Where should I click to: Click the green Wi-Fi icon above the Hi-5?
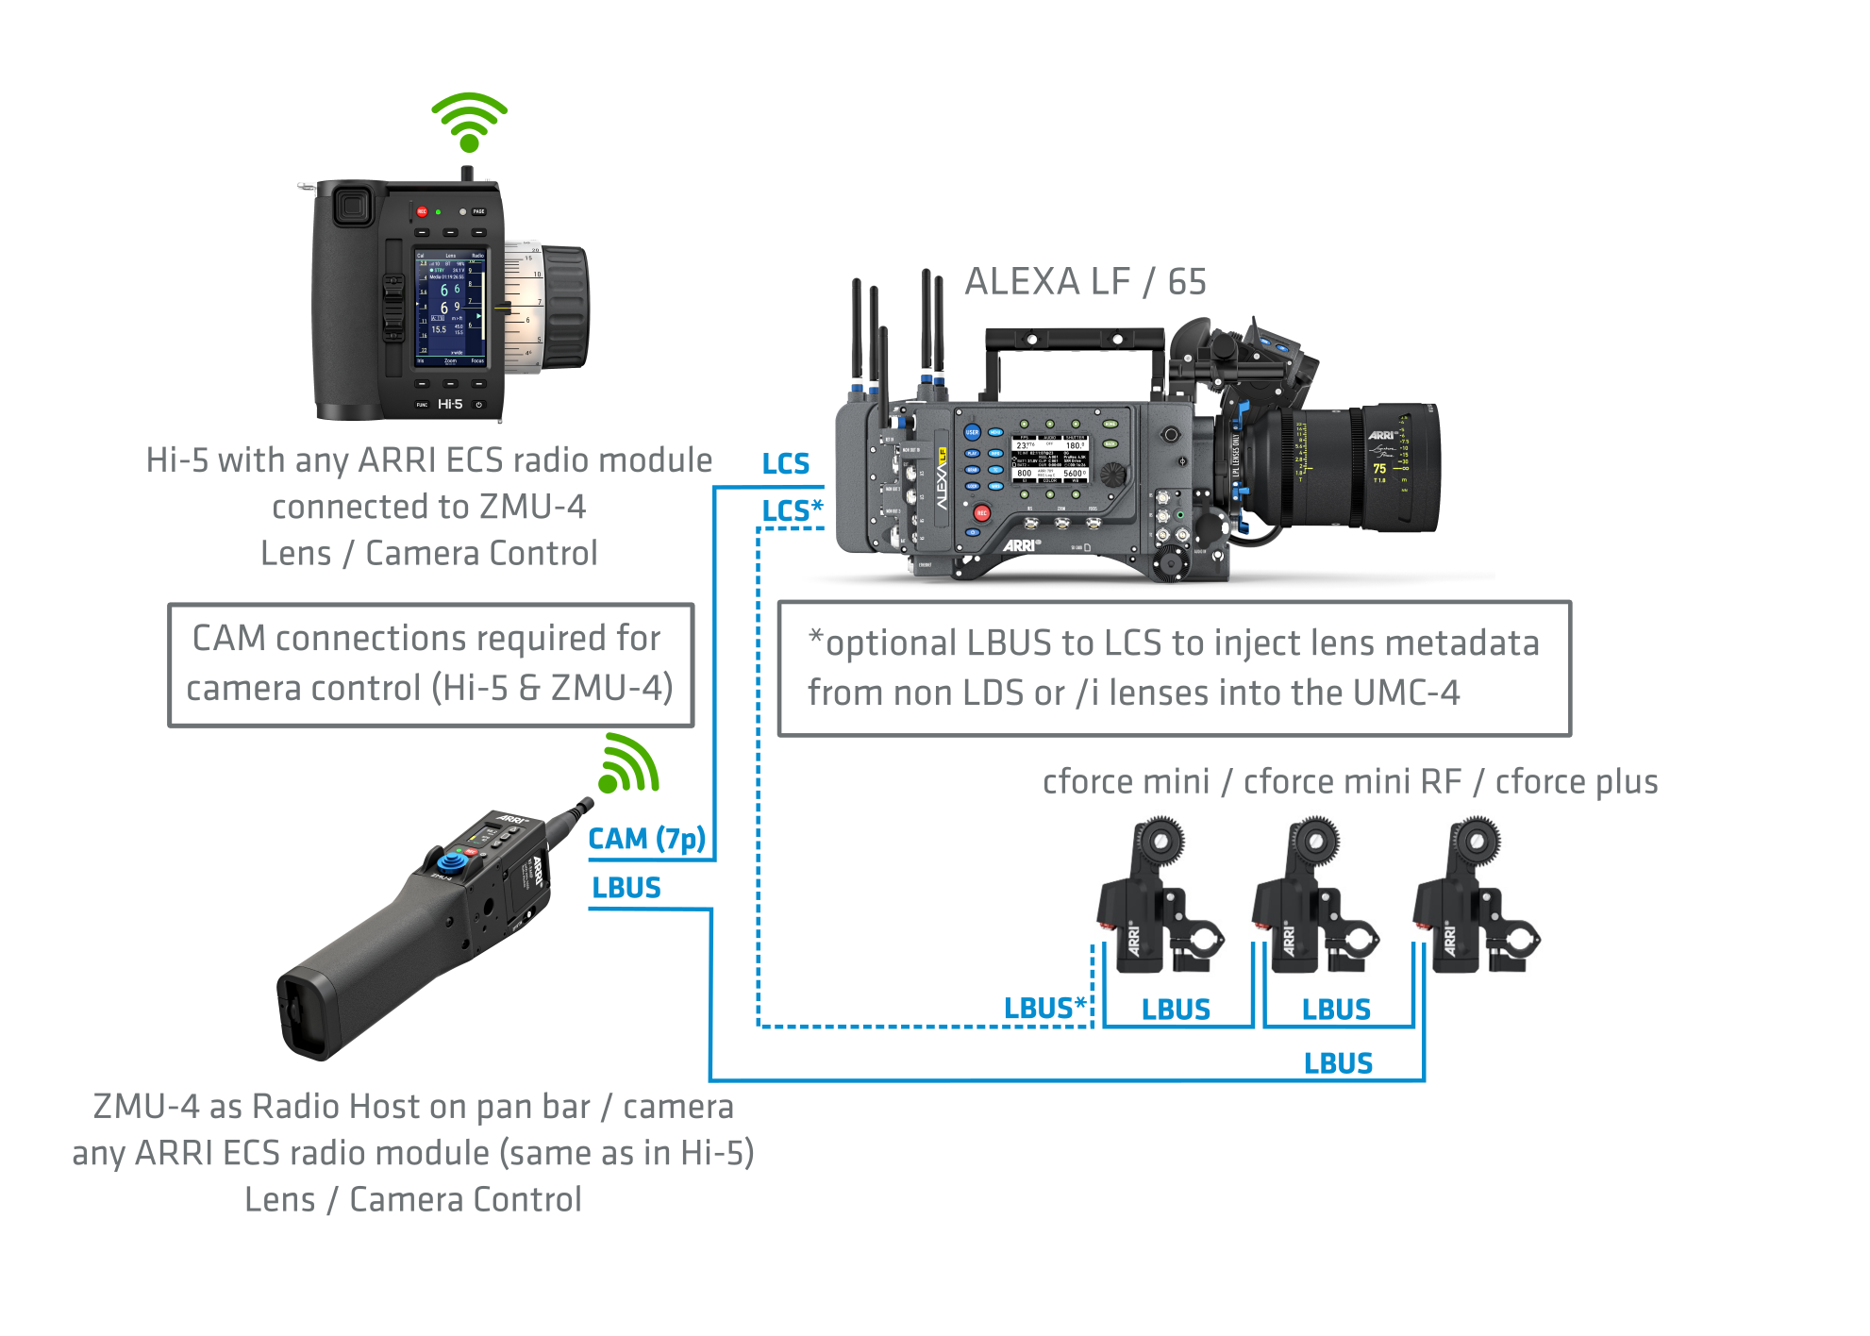click(469, 122)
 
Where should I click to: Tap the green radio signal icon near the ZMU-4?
click(628, 764)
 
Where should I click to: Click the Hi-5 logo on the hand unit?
click(450, 404)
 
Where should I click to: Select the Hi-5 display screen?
click(451, 308)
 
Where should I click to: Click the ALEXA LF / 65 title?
click(1085, 281)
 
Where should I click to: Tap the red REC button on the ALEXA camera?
click(981, 513)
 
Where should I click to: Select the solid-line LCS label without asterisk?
click(785, 464)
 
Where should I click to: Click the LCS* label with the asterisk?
click(792, 510)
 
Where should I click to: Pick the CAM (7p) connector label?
click(646, 839)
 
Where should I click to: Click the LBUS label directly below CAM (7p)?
click(626, 888)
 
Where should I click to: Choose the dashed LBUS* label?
click(1044, 1009)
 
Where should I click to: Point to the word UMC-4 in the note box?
click(1406, 693)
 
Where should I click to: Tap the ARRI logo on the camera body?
click(1021, 545)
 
